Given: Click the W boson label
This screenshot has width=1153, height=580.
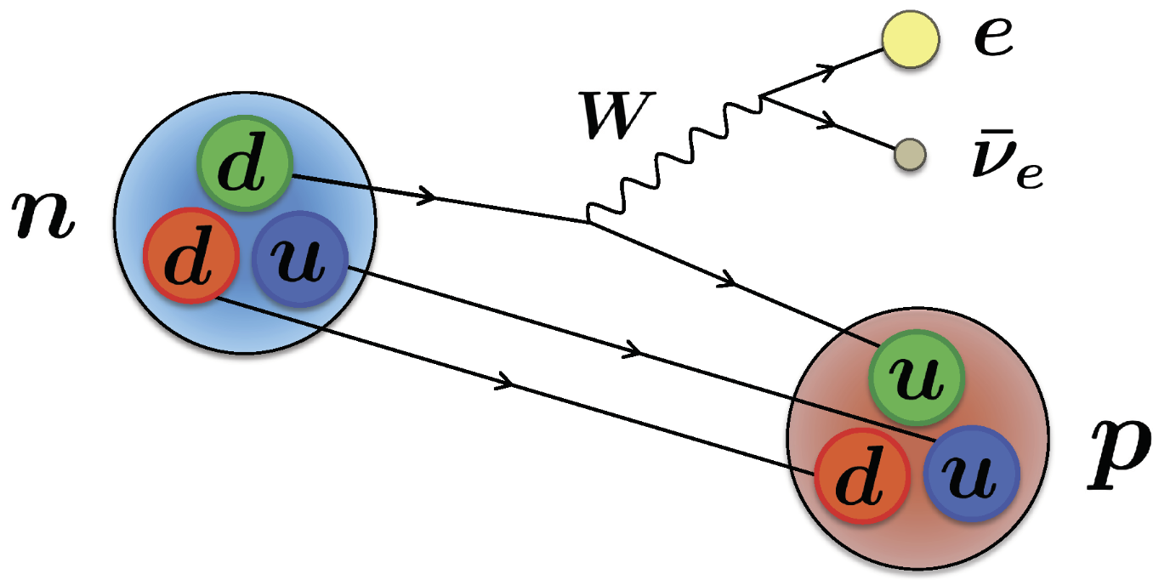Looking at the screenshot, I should (x=610, y=120).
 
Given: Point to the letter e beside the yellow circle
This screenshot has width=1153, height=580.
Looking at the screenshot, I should (x=993, y=40).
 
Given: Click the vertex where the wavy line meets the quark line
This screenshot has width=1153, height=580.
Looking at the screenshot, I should (x=588, y=223).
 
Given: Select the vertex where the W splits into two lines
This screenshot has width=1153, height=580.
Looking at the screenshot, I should (x=763, y=96).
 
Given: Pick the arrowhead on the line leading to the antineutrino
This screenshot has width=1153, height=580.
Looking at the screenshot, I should (x=824, y=125).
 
